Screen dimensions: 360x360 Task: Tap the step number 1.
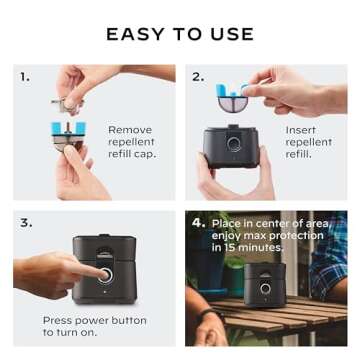[25, 75]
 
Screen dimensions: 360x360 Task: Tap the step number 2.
[198, 75]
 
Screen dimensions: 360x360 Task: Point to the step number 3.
[25, 222]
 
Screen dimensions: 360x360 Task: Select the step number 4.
[198, 222]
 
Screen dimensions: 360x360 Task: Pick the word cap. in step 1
[142, 155]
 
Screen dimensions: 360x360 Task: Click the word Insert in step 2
[301, 129]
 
